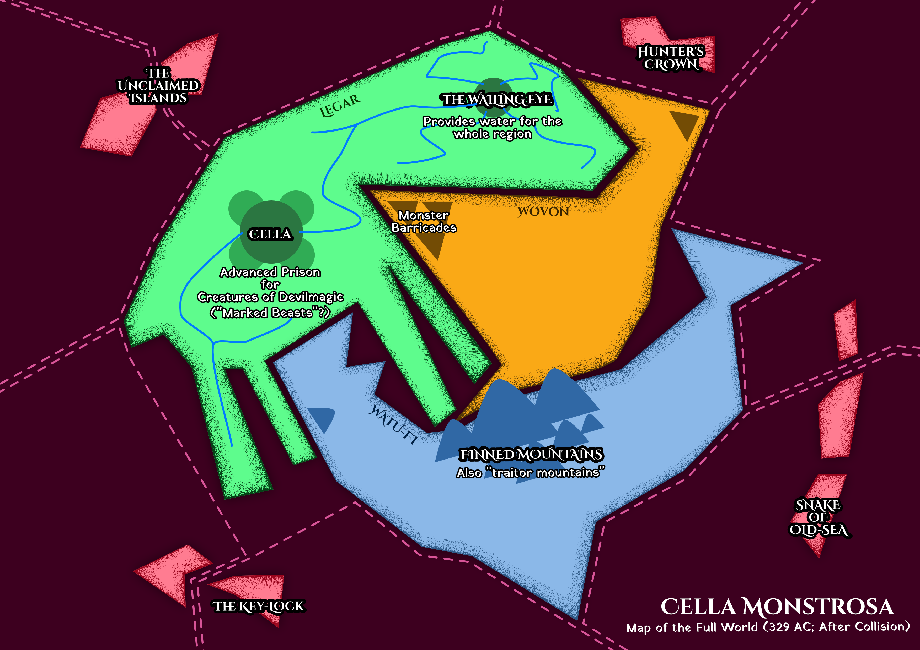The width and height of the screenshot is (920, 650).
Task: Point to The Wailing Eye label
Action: [x=497, y=99]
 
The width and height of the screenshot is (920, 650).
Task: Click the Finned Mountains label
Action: [x=531, y=454]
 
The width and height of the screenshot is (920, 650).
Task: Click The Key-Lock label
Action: [x=258, y=606]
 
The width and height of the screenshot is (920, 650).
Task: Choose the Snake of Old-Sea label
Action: [x=819, y=517]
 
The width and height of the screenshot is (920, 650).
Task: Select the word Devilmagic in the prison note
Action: [x=311, y=297]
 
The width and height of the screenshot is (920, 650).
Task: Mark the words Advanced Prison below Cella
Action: [x=270, y=272]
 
